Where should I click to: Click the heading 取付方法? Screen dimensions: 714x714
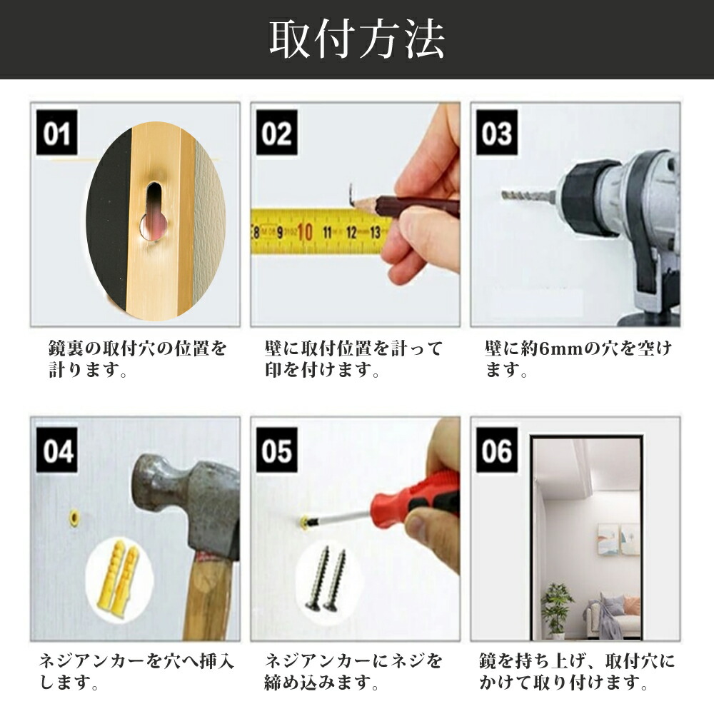click(x=356, y=39)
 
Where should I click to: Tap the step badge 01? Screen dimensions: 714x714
click(x=57, y=133)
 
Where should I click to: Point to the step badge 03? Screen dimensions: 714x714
click(x=497, y=133)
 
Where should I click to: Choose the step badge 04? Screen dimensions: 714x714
click(x=57, y=451)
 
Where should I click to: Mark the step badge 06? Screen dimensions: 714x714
click(x=497, y=451)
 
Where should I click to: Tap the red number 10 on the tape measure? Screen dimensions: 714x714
click(x=304, y=232)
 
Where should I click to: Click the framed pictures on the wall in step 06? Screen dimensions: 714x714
click(x=618, y=539)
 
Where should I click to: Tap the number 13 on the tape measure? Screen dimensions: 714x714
click(x=375, y=232)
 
